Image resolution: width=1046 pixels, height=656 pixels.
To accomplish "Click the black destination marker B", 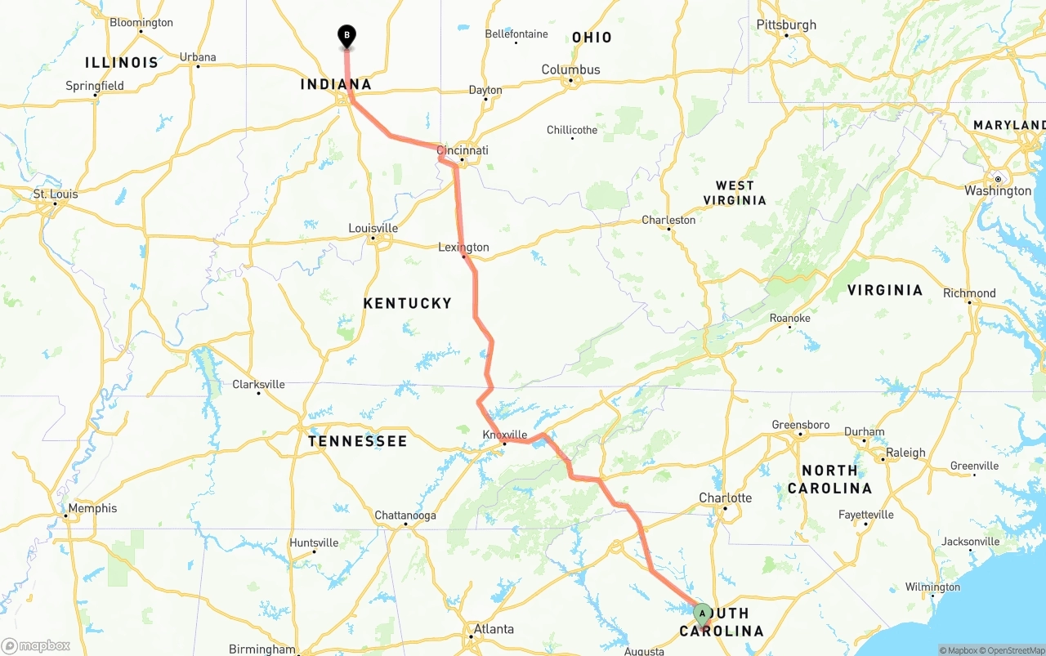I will coord(346,36).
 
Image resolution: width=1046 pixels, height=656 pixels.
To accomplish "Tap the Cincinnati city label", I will coord(463,150).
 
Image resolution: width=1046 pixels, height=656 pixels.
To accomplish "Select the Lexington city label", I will coord(463,248).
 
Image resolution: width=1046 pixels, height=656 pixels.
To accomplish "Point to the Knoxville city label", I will coord(505,435).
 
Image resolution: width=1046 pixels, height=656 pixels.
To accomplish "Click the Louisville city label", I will coord(373,228).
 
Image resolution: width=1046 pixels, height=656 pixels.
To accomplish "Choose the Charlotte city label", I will coord(725,498).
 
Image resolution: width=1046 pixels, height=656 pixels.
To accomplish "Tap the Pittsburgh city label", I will coord(786,25).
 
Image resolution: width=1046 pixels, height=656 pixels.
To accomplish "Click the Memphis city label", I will coord(92,508).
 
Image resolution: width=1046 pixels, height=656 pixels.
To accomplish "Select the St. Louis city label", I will coord(56,194).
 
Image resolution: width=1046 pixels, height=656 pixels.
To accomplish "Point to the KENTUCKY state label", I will coord(407,303).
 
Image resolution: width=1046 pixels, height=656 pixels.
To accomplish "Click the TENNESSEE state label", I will coord(357,441).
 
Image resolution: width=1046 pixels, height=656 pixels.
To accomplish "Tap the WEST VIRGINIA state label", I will coord(735,193).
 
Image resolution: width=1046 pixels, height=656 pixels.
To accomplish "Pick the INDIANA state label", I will coord(336,84).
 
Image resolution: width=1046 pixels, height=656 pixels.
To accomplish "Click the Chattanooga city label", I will coord(405,515).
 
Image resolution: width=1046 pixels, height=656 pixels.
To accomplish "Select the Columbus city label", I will coord(570,70).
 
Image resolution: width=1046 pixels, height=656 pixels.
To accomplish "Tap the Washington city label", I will coord(998,191).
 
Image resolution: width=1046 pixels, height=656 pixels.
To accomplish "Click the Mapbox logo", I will coord(36,645).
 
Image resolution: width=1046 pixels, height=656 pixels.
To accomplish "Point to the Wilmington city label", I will coord(932,587).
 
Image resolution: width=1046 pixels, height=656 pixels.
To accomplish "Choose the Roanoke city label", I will coord(790,318).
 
